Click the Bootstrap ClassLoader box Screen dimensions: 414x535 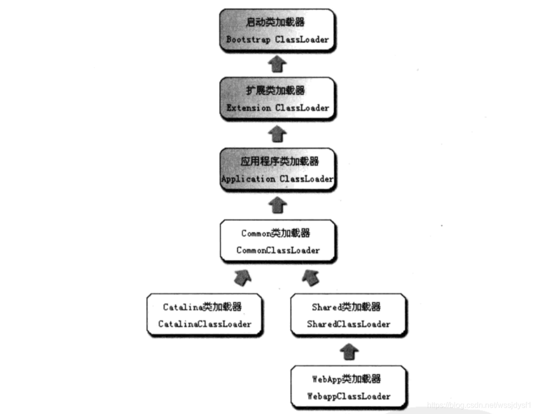pos(278,30)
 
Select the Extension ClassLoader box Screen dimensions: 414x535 pos(278,99)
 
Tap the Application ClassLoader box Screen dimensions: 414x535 pos(278,170)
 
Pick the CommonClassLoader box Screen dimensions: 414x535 pos(278,241)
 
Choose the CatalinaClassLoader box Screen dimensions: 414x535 pos(205,315)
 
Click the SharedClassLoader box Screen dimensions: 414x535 pos(348,315)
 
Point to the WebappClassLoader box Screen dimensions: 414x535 pos(348,387)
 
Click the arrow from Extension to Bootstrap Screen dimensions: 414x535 pos(278,64)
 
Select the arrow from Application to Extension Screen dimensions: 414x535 pos(278,133)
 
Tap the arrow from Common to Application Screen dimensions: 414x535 pos(278,205)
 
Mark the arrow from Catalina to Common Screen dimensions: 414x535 pos(243,277)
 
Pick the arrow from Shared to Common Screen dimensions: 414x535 pos(311,277)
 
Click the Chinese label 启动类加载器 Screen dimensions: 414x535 pos(275,22)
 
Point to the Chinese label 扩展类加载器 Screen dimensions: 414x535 pos(275,91)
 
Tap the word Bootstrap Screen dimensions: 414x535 pos(248,39)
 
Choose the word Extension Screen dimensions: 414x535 pos(248,108)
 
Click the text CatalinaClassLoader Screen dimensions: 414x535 pos(205,324)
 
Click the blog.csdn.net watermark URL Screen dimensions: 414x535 pos(478,405)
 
